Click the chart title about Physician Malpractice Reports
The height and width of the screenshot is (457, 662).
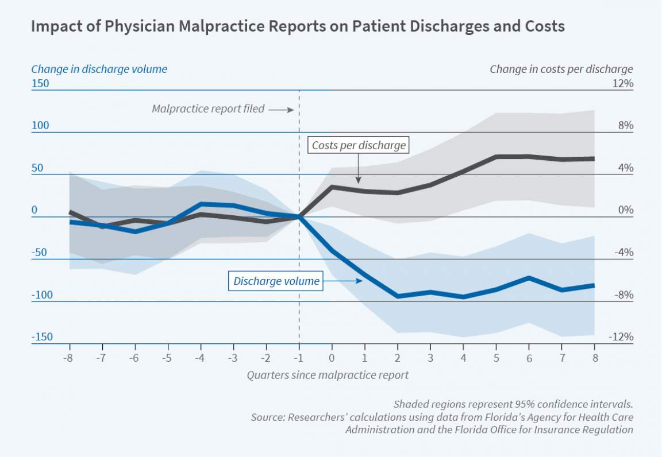297,27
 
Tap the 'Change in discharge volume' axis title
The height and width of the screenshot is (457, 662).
99,69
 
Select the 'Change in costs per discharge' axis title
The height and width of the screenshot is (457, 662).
561,69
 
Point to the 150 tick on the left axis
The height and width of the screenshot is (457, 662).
40,83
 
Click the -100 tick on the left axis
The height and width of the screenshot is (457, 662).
41,295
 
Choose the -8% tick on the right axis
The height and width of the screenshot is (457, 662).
622,295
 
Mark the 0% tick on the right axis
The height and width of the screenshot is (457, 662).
624,211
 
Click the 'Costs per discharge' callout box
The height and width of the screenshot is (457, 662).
359,145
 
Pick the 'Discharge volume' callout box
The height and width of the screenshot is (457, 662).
276,281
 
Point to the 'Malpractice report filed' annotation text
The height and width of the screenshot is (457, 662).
208,109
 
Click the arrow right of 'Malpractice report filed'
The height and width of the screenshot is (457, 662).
282,109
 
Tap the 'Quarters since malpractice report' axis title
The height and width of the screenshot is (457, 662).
328,375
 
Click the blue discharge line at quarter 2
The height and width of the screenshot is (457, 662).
398,296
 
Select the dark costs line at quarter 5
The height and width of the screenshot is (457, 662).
496,156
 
